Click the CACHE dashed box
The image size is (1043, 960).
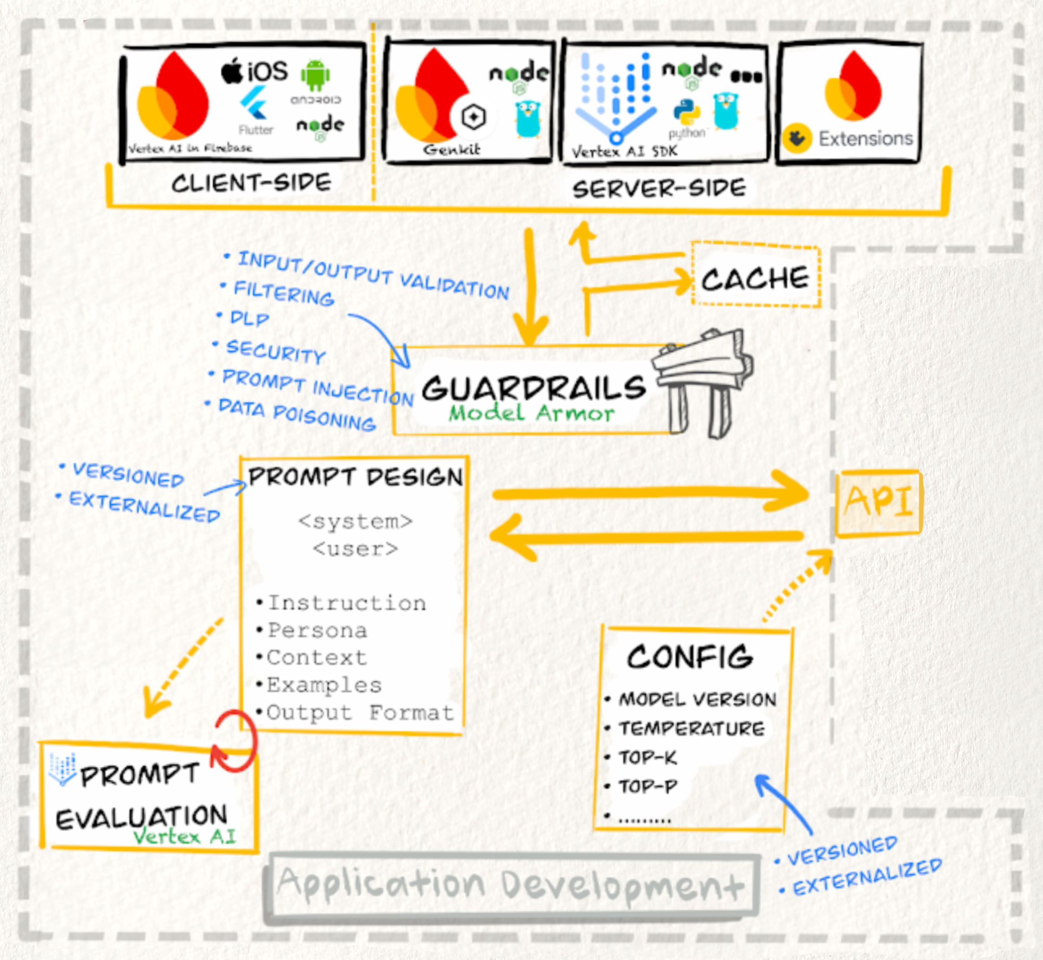click(755, 275)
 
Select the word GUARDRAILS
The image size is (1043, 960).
click(533, 387)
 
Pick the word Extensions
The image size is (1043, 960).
click(865, 139)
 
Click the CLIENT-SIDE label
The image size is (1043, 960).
click(251, 183)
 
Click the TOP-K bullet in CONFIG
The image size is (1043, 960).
click(647, 757)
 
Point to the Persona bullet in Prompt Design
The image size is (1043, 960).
click(317, 631)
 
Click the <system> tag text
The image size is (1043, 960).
click(355, 521)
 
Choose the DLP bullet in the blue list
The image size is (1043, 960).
click(249, 318)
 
